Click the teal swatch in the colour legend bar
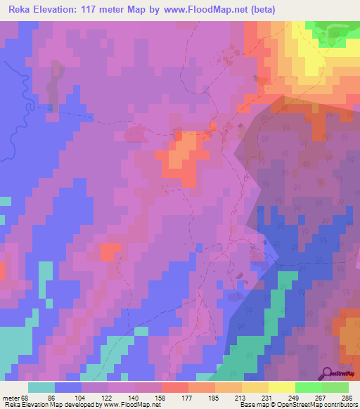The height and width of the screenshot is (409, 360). [41, 387]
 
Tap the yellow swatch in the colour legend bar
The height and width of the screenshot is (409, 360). [282, 387]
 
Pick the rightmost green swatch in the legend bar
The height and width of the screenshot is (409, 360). [335, 387]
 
